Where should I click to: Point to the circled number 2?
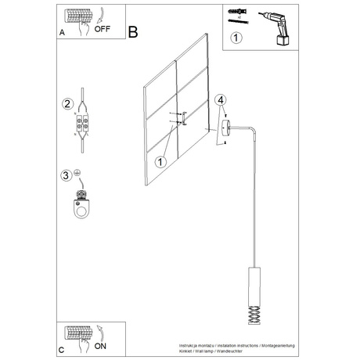[x=67, y=104]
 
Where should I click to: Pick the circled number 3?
[x=67, y=175]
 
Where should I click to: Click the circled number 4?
[x=221, y=100]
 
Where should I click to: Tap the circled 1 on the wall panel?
[x=160, y=162]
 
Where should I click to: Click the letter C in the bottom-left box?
[x=62, y=347]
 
